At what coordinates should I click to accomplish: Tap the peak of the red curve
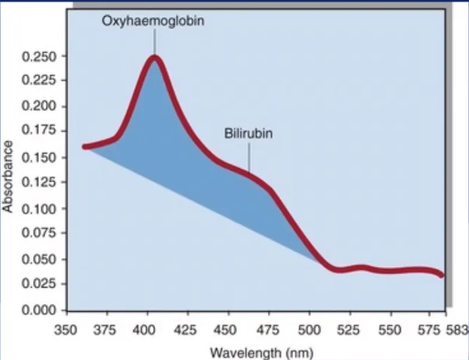pyautogui.click(x=155, y=58)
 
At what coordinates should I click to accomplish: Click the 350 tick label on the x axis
pyautogui.click(x=66, y=328)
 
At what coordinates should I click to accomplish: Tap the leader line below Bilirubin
pyautogui.click(x=248, y=156)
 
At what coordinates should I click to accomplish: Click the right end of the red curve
pyautogui.click(x=441, y=275)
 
